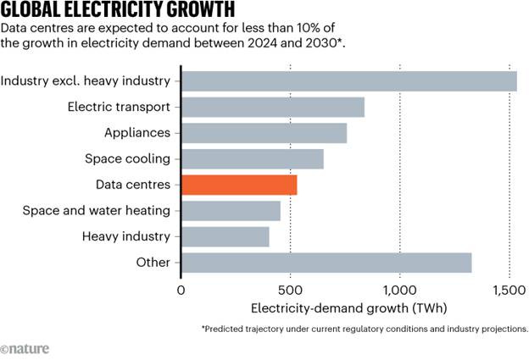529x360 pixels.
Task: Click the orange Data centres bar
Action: (x=239, y=185)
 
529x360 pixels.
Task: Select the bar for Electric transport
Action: (x=273, y=108)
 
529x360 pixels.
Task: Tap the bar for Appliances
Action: (x=264, y=133)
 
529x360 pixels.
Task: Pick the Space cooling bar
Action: (x=253, y=159)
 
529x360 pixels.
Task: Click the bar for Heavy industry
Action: (x=225, y=236)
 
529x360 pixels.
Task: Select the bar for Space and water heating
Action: (x=231, y=211)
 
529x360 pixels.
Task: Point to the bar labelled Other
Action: (x=326, y=263)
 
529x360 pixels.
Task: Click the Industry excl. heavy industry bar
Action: (x=349, y=81)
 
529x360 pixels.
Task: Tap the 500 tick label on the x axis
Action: (x=291, y=289)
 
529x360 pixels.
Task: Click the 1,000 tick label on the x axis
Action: (x=399, y=289)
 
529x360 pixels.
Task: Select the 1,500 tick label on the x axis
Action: (x=509, y=289)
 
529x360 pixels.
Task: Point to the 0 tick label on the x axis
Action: (x=181, y=289)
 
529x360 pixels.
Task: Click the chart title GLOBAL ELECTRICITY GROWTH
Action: (x=118, y=11)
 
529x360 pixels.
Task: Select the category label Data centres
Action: (x=134, y=185)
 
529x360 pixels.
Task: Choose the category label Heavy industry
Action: (x=126, y=236)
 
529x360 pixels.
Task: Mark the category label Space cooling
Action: (x=128, y=159)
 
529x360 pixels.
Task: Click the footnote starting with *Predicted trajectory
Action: (x=365, y=328)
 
